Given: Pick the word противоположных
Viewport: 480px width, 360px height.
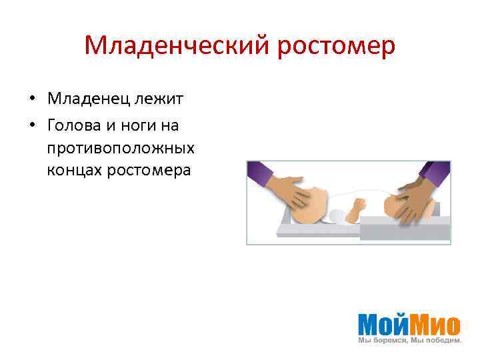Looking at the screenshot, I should (121, 147).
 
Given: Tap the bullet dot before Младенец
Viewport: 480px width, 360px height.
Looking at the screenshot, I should (31, 100).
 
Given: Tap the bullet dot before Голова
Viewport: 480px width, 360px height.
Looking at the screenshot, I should (31, 125).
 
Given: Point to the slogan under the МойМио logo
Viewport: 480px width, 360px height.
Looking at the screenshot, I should (409, 341).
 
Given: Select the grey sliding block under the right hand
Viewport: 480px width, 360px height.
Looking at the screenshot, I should (405, 231).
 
